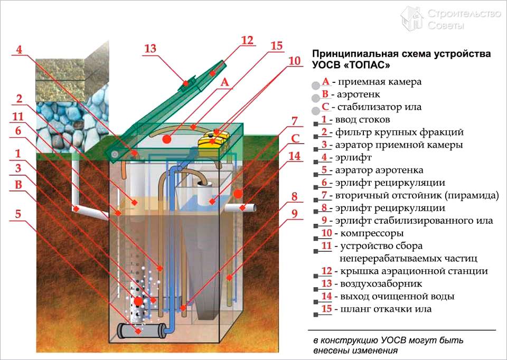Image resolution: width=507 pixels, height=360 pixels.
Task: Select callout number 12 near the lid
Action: [247, 41]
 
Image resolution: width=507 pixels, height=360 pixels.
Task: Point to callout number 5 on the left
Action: [18, 215]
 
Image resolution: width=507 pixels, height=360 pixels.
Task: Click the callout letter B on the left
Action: [18, 185]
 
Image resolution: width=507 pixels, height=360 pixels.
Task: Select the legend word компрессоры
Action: [364, 233]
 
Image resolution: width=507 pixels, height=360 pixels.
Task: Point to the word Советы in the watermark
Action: [446, 25]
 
